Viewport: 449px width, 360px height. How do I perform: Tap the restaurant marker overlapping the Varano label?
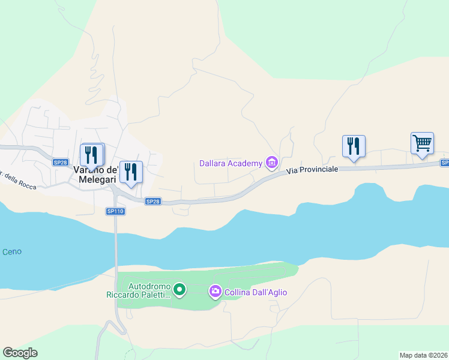pos(92,155)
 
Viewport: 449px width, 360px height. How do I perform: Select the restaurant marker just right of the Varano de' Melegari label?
pos(131,172)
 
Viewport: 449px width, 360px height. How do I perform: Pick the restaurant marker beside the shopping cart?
pos(354,146)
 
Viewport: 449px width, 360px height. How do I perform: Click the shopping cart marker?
pos(422,144)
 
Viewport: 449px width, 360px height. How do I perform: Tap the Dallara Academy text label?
pos(231,163)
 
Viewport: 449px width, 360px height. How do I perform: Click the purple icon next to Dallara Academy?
pos(271,163)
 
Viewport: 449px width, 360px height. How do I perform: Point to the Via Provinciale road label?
pos(312,170)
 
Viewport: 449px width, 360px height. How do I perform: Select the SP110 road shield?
pos(115,211)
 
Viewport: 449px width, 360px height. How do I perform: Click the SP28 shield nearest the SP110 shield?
pos(153,202)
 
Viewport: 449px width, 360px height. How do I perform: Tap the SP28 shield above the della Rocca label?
pos(59,163)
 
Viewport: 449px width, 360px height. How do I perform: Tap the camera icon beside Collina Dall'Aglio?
pos(215,292)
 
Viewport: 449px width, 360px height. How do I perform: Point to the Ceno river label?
pos(11,251)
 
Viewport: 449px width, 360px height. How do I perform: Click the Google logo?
pos(20,353)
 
